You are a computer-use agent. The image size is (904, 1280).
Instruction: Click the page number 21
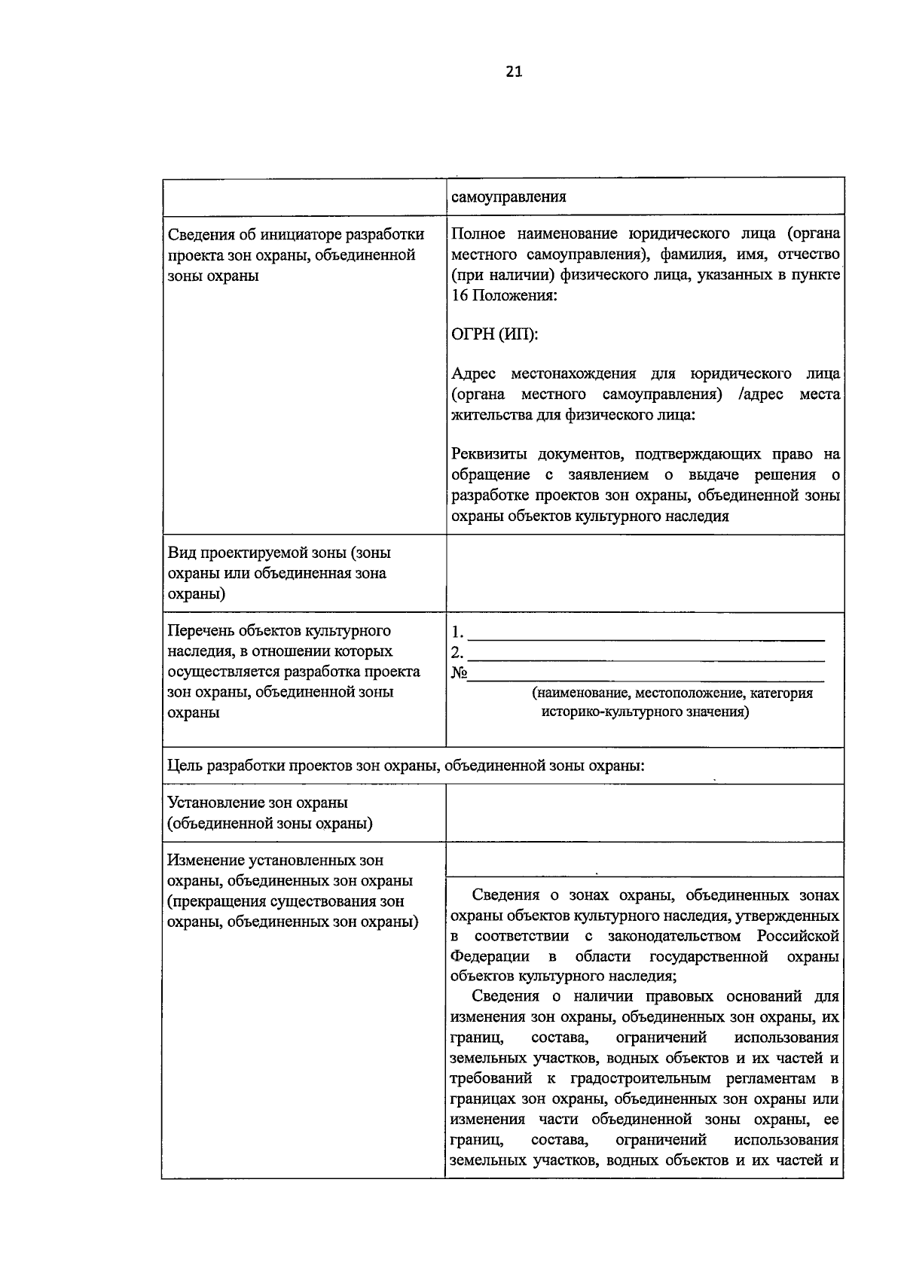(513, 72)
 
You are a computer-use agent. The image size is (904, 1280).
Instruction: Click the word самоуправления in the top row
(508, 197)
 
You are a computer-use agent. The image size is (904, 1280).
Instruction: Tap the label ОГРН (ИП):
(495, 334)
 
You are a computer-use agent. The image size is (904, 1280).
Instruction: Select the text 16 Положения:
(504, 295)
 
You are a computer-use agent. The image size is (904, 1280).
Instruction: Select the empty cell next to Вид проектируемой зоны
(644, 574)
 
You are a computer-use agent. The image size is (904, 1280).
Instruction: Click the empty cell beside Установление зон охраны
(644, 812)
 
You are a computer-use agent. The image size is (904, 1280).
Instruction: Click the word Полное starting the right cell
(478, 233)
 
